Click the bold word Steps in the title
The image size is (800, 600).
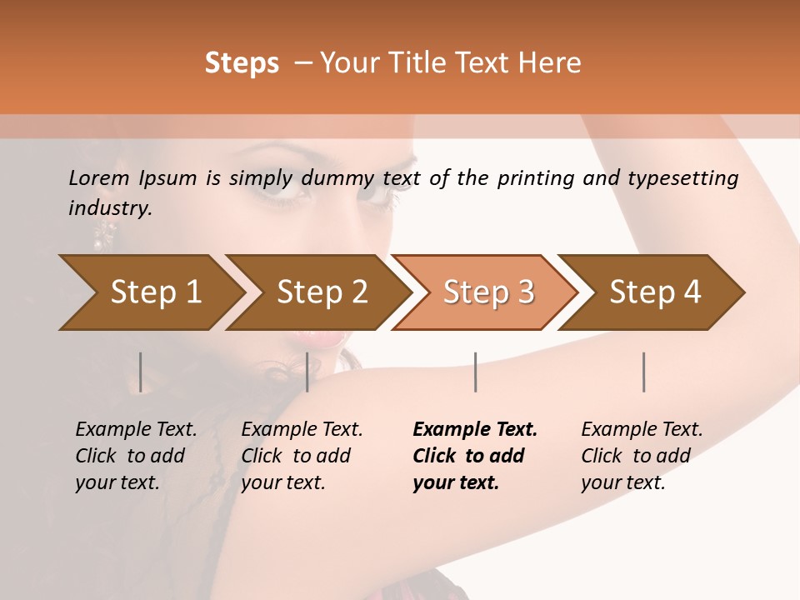242,63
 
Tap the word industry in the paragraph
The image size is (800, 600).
109,208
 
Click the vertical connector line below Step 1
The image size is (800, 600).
140,372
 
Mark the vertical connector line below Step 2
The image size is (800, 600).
307,372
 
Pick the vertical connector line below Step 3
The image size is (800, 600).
475,372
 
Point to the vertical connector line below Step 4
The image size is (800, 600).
643,372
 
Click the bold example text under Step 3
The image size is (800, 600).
473,456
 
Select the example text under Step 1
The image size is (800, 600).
135,456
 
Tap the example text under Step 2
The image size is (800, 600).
301,456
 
